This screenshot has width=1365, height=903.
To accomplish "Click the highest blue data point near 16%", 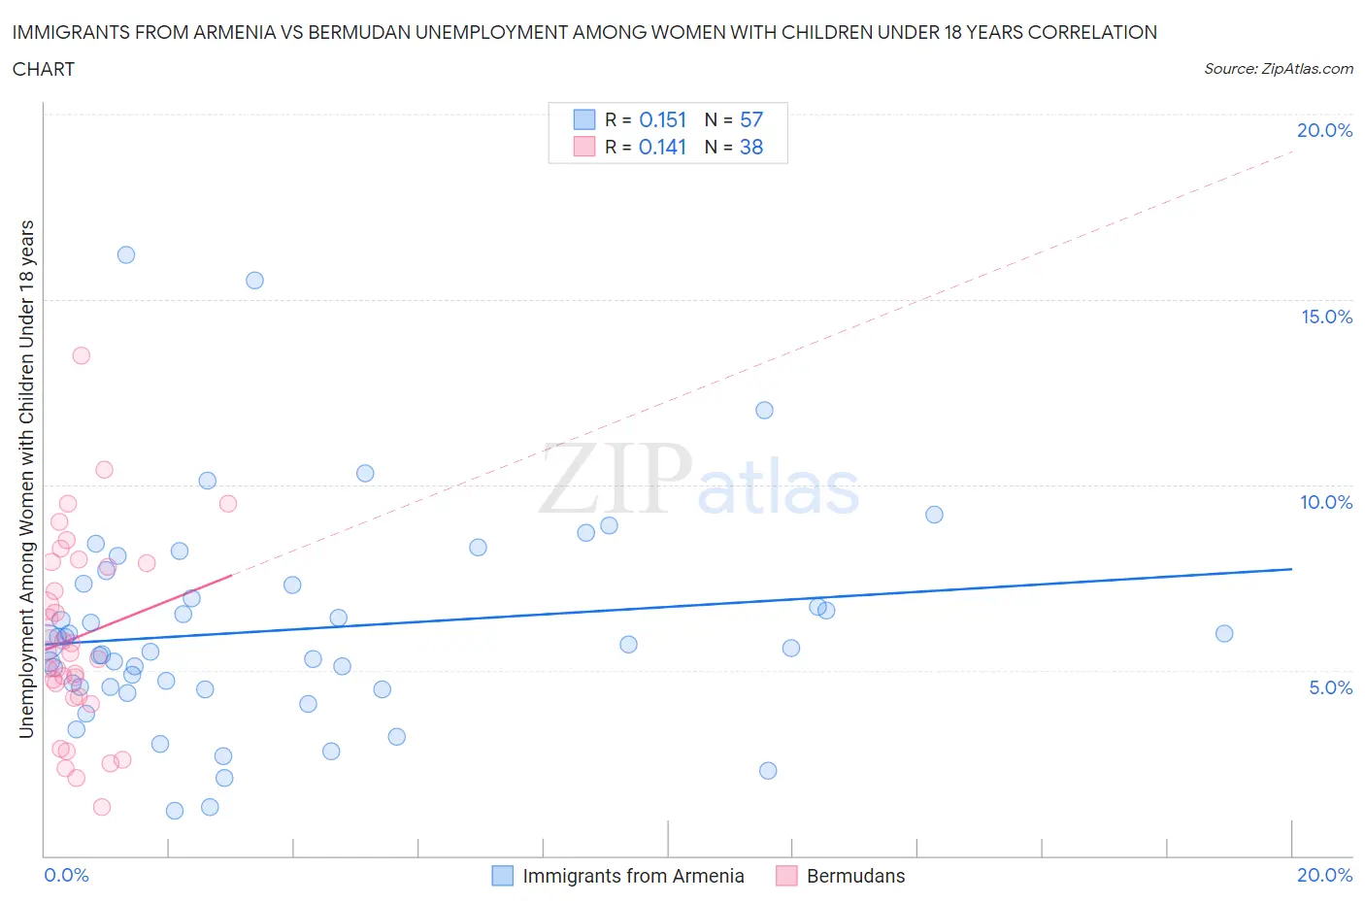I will (126, 255).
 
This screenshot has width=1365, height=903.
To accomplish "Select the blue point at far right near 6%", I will (1224, 634).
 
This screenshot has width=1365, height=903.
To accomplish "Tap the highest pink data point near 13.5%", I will (82, 355).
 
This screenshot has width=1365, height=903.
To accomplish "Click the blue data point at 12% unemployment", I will (764, 410).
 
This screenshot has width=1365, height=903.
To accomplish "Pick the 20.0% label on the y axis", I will (1324, 130).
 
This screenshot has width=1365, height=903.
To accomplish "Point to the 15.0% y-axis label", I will (1326, 317).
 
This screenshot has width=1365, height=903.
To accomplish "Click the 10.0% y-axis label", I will (1326, 502).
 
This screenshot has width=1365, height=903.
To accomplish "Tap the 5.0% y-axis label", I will (1330, 687).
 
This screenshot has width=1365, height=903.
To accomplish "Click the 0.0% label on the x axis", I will (66, 875).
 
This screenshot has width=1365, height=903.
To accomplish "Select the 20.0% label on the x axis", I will (1324, 875).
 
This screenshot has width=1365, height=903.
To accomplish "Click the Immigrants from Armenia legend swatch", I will (502, 876).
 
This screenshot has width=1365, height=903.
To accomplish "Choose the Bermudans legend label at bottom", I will (855, 876).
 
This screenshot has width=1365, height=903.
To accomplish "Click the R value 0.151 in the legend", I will (662, 119).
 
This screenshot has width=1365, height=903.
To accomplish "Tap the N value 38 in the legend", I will (751, 147).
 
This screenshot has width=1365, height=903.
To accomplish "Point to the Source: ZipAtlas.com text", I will (1278, 68).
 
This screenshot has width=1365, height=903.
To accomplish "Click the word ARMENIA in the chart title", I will (243, 32).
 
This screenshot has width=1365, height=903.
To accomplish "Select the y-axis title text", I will (26, 479).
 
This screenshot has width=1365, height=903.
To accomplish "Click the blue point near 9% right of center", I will (934, 515).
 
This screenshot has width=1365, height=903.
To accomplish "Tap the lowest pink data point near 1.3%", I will (102, 807).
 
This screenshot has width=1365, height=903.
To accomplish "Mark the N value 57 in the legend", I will (751, 119).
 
